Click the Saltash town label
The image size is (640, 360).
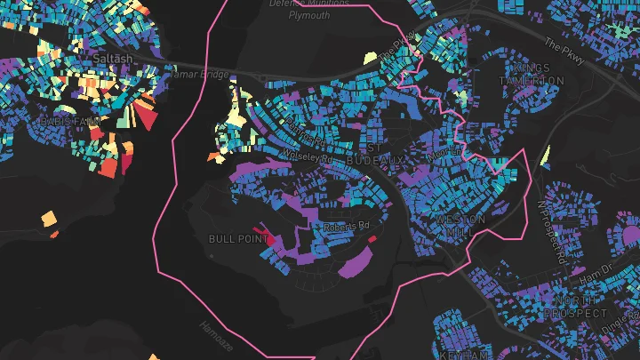click(112, 58)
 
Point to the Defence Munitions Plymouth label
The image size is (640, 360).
click(304, 10)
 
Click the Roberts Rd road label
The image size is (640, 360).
click(345, 227)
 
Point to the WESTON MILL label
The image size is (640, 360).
click(460, 225)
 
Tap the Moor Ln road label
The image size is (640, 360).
click(444, 151)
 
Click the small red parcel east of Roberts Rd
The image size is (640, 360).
click(372, 238)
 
